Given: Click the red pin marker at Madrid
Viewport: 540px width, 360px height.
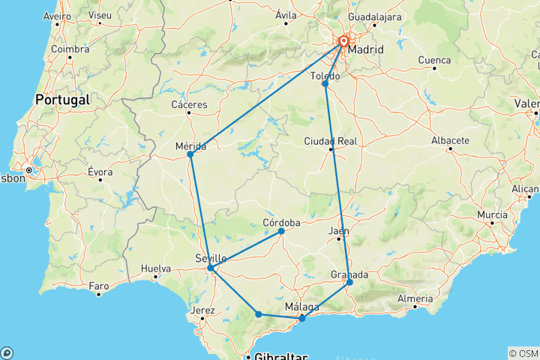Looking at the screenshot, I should [x=343, y=43].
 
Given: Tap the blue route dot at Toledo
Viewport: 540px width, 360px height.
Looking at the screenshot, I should [x=325, y=84].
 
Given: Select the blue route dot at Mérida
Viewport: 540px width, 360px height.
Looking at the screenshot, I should [x=190, y=154].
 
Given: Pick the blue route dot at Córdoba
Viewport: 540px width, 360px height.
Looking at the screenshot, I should [x=281, y=231].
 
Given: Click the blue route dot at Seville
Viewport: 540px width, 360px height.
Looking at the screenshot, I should [x=211, y=268].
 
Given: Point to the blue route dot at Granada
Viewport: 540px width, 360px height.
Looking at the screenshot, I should [x=349, y=282].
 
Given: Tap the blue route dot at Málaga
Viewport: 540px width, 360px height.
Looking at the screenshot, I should [x=302, y=319].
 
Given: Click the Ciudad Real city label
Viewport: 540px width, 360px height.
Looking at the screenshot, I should [x=330, y=141].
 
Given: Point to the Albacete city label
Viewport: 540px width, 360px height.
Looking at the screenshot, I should [x=450, y=140].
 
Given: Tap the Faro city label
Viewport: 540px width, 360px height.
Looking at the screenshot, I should [x=99, y=285].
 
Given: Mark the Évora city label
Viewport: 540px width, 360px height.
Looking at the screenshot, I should [x=100, y=172].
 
